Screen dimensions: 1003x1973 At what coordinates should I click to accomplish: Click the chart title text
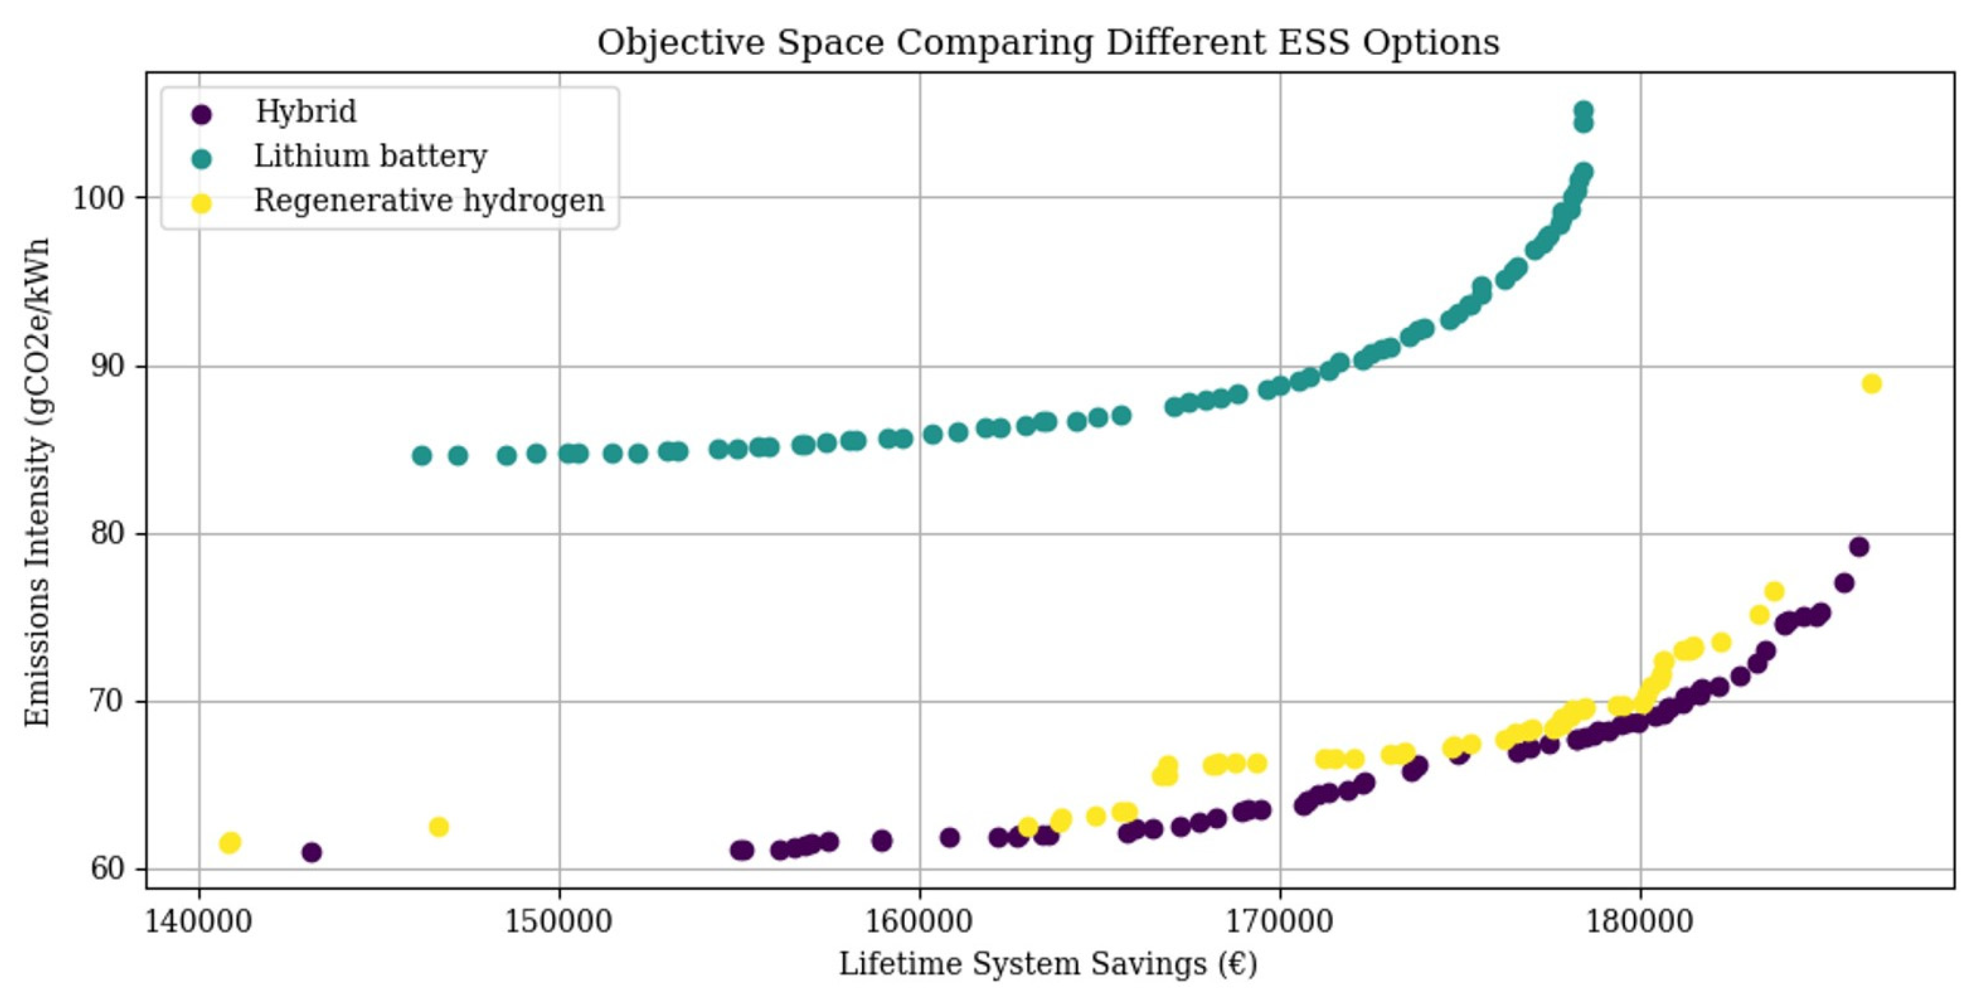point(1048,42)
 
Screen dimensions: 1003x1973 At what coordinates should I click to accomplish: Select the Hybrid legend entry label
point(306,112)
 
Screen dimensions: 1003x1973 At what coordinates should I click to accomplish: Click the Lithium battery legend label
point(370,156)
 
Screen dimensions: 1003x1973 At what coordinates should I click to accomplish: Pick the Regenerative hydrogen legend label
point(429,200)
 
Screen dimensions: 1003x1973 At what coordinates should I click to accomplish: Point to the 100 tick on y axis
point(98,199)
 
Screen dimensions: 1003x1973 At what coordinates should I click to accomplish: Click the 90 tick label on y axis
point(106,366)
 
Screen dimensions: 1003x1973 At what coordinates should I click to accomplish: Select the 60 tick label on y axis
point(106,869)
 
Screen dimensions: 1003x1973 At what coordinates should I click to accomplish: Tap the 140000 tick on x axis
point(199,920)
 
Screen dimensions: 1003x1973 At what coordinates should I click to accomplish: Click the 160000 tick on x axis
point(920,920)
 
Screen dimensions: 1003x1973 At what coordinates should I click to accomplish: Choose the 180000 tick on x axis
point(1640,920)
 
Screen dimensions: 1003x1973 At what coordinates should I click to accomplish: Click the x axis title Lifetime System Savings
point(1048,964)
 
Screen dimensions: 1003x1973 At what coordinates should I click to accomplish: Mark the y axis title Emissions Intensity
point(37,482)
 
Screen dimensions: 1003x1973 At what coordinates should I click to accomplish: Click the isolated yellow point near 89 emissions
point(1871,384)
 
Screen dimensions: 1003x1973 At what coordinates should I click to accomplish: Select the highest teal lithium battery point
point(1583,110)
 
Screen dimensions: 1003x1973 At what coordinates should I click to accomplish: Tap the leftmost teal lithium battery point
point(422,456)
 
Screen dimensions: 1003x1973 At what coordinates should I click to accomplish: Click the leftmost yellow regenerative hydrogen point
point(230,843)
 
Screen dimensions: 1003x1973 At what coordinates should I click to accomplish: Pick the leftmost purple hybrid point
point(311,852)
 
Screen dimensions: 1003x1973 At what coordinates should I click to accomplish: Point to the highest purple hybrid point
point(1859,546)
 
